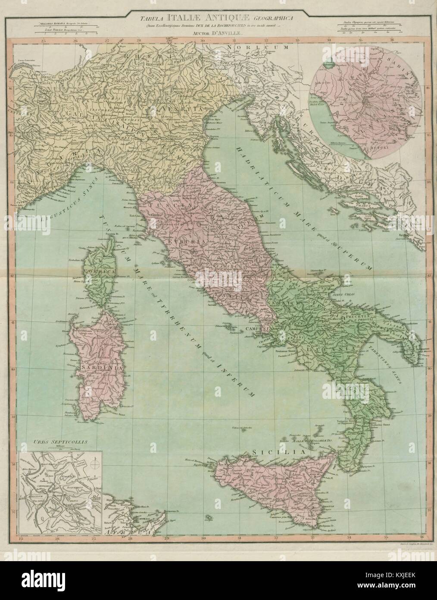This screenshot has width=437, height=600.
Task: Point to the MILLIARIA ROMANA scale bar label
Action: [51, 21]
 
